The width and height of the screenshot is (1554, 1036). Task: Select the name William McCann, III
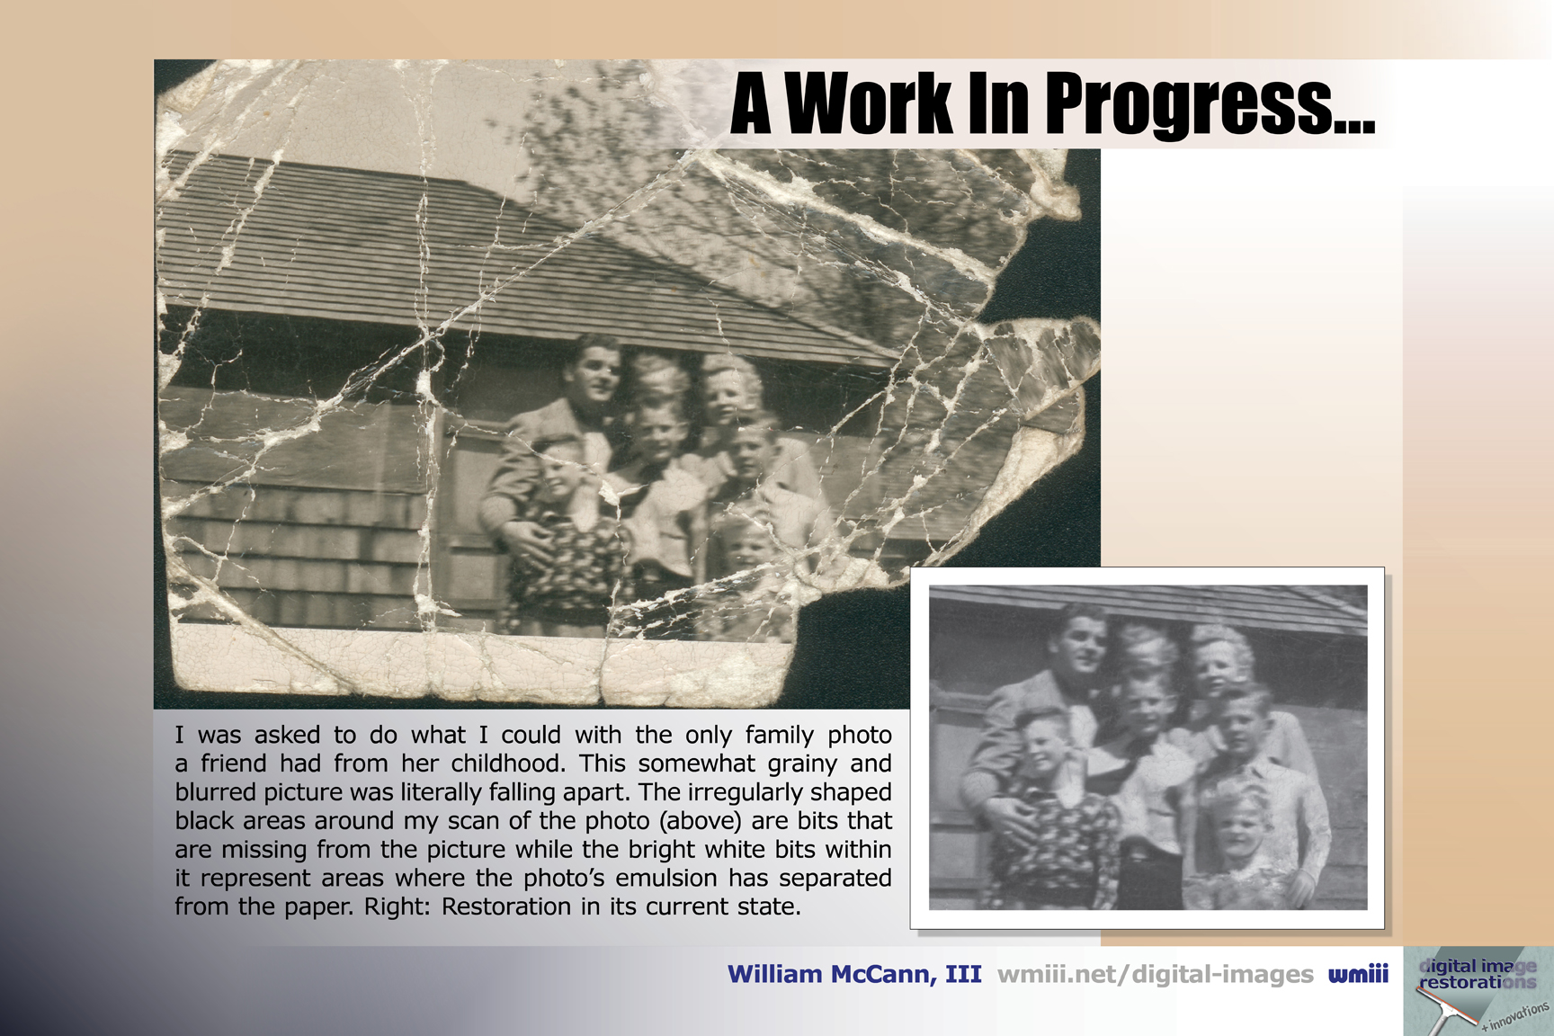[x=854, y=975]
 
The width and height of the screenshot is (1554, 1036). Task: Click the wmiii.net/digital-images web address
[x=1156, y=975]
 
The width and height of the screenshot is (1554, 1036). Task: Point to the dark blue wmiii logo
[x=1358, y=974]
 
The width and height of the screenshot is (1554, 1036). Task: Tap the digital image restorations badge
[x=1478, y=991]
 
